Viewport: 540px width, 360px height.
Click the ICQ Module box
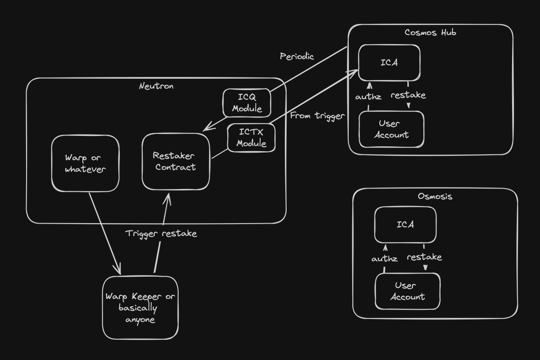point(247,103)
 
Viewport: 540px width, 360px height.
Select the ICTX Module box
point(251,138)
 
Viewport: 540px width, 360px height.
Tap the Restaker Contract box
point(175,161)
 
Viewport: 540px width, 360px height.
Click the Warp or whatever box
point(85,163)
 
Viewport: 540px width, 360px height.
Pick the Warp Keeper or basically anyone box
point(140,308)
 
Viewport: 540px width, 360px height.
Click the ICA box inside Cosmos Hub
point(389,63)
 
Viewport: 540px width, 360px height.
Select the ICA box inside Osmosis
point(405,225)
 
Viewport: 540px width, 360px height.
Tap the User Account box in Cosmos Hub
point(391,129)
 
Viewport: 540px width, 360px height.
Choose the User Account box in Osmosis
point(407,291)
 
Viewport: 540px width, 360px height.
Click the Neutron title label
point(156,86)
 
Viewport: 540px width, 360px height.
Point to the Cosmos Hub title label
point(430,32)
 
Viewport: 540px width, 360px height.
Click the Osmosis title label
point(435,196)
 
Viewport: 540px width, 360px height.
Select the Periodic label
point(297,56)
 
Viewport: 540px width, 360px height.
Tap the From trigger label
point(317,116)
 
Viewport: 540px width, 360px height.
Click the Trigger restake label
point(161,234)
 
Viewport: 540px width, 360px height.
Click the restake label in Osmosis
point(424,257)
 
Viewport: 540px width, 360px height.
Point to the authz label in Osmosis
point(385,259)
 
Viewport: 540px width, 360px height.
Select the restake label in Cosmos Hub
point(408,95)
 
